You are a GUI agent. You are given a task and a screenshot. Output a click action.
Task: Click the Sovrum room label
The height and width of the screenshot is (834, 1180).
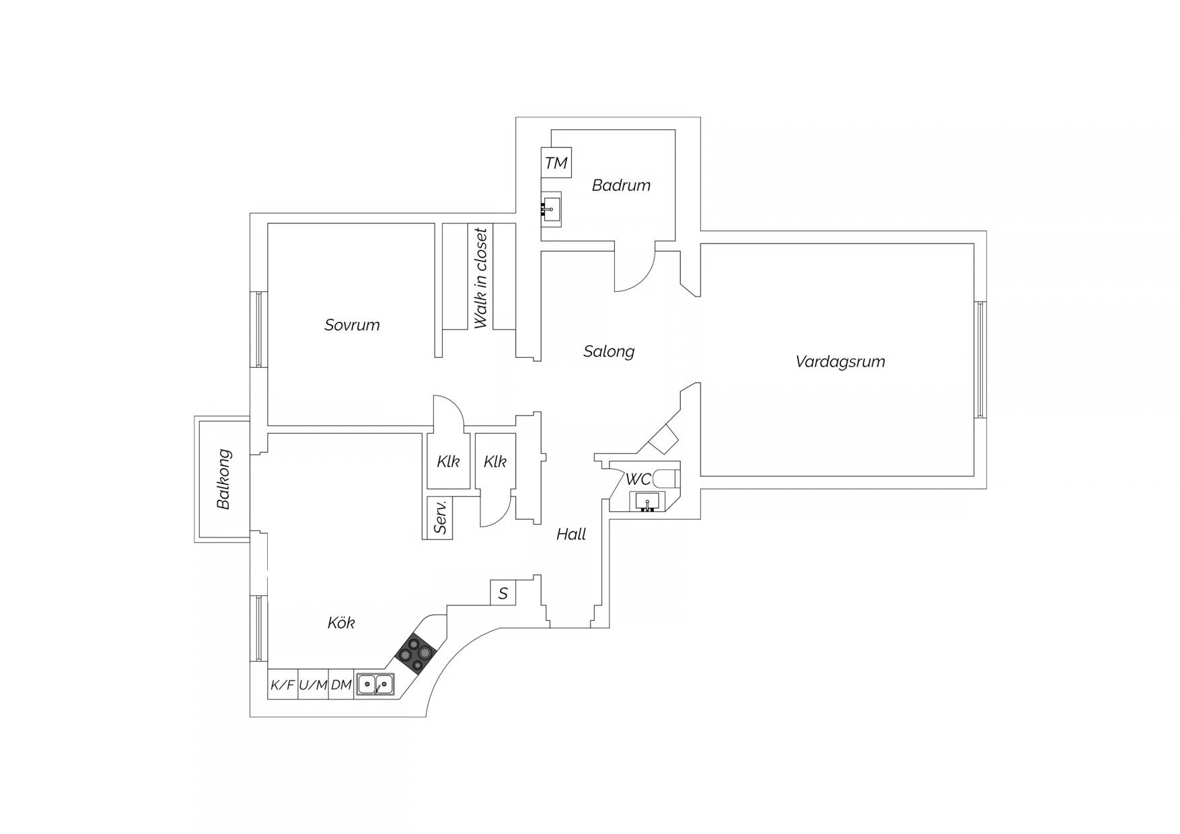(352, 325)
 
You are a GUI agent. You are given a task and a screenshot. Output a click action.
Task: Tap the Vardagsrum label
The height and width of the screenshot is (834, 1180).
(840, 362)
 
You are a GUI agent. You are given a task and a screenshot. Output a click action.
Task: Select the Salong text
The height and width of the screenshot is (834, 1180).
(609, 351)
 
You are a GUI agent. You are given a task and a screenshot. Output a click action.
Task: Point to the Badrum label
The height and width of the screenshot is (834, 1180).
(621, 185)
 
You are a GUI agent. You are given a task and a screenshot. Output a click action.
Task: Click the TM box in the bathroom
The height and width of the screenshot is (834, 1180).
(556, 163)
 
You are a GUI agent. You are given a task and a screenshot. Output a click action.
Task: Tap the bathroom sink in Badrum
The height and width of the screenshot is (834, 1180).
(552, 208)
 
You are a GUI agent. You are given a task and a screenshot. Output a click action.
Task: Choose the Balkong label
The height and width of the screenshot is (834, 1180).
(224, 479)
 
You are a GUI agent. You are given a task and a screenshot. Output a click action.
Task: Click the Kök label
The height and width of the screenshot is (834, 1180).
(341, 623)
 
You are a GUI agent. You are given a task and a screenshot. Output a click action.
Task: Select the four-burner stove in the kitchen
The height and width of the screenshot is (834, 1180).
(416, 654)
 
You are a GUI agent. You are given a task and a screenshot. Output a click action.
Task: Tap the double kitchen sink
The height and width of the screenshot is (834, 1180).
(375, 684)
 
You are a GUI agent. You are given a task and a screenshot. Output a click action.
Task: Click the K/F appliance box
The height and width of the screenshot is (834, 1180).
(283, 685)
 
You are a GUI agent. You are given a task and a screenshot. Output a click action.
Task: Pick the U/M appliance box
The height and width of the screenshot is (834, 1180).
(313, 685)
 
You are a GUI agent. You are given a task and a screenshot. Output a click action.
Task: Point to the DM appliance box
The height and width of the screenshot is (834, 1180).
(341, 685)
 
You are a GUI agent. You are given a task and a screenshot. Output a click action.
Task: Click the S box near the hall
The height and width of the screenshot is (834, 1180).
(503, 593)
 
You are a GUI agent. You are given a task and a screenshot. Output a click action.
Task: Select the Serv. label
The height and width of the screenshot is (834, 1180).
(441, 517)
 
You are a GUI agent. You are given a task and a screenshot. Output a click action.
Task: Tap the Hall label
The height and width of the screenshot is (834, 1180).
(571, 534)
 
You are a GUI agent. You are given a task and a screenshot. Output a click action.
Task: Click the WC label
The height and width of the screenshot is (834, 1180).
(638, 480)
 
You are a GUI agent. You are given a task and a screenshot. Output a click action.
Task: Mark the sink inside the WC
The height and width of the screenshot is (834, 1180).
(647, 501)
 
